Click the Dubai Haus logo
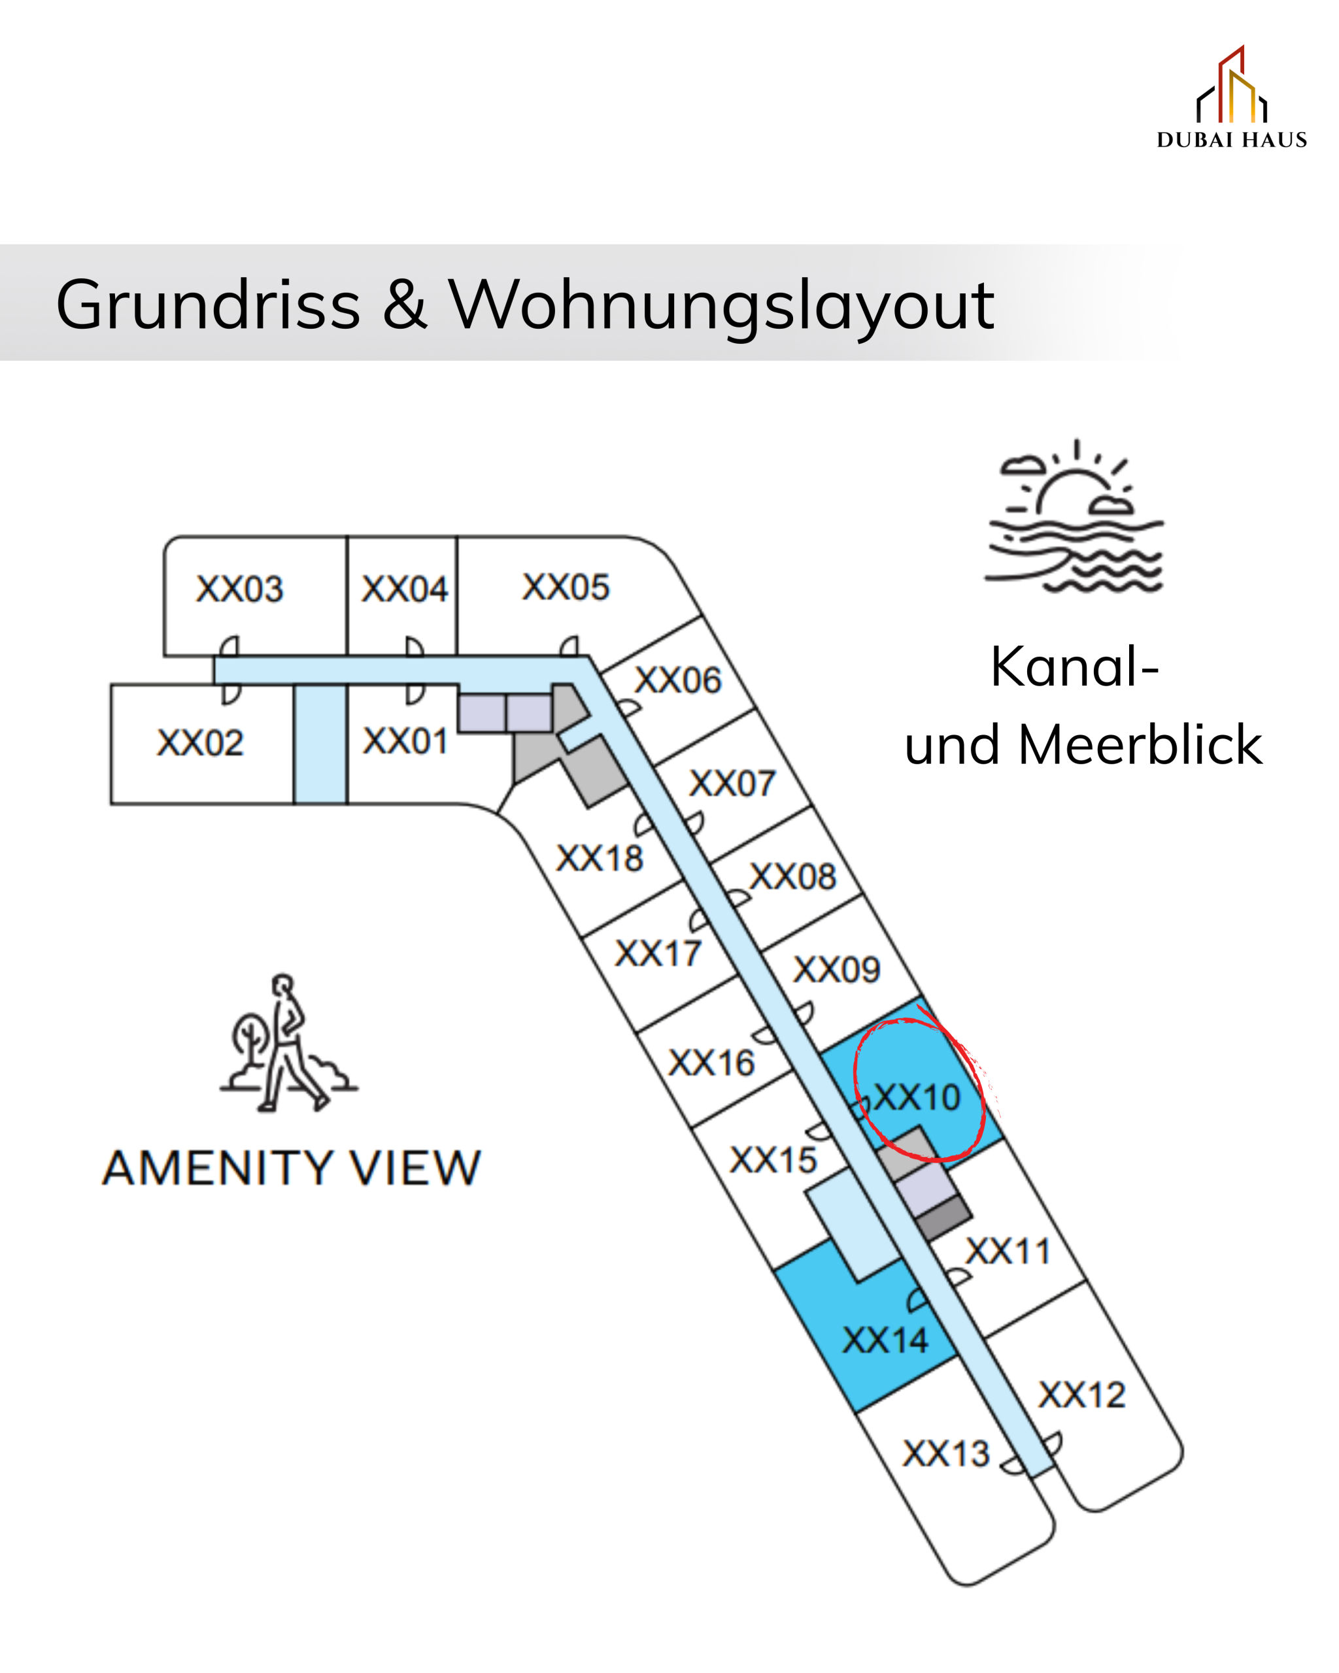pyautogui.click(x=1230, y=97)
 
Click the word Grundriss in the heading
pyautogui.click(x=208, y=305)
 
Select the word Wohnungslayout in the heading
pyautogui.click(x=721, y=305)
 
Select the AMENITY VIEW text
pyautogui.click(x=291, y=1168)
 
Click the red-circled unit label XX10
pyautogui.click(x=917, y=1097)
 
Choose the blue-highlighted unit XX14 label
pyautogui.click(x=885, y=1340)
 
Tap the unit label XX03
pyautogui.click(x=239, y=589)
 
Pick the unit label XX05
pyautogui.click(x=566, y=588)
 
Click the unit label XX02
pyautogui.click(x=200, y=742)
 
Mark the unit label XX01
pyautogui.click(x=405, y=741)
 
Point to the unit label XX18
pyautogui.click(x=600, y=858)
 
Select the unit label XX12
pyautogui.click(x=1082, y=1395)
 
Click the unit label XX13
pyautogui.click(x=946, y=1453)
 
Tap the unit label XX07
pyautogui.click(x=732, y=783)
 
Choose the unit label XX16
pyautogui.click(x=712, y=1063)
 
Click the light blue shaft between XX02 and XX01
pyautogui.click(x=320, y=744)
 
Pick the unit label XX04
pyautogui.click(x=405, y=589)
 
